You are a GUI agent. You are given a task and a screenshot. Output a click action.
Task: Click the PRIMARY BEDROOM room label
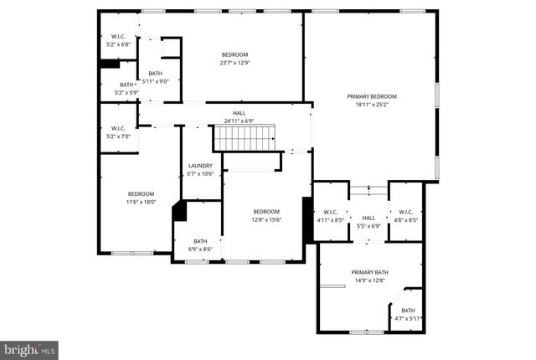(x=372, y=97)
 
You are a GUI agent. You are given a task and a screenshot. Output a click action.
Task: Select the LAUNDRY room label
(x=200, y=166)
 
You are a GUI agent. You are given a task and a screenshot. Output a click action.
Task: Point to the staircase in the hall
(x=245, y=136)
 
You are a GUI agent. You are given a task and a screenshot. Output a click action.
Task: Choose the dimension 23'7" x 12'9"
(x=235, y=64)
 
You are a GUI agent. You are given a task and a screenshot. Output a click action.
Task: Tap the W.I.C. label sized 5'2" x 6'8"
(x=118, y=37)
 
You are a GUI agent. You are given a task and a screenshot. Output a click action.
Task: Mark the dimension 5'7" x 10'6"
(x=200, y=174)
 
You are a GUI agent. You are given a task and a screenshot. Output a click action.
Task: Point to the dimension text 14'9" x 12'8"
(x=369, y=280)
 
